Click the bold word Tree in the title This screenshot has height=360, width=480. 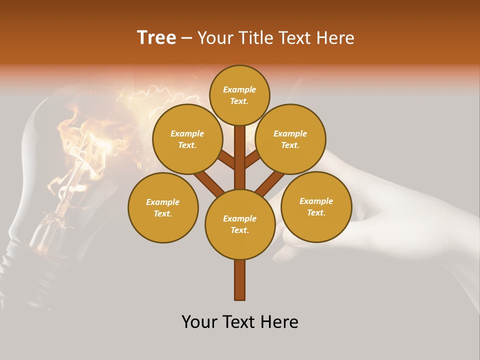point(156,38)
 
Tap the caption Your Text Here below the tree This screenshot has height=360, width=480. point(240,322)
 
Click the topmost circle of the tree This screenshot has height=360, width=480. point(239,95)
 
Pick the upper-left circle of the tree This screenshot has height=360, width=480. point(187,139)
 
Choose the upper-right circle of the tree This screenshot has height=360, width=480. point(290,139)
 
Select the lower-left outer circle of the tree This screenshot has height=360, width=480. point(163,207)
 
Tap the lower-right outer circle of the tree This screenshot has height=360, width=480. point(316,206)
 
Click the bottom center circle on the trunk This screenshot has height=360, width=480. point(240,224)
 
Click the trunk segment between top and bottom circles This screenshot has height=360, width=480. point(240,157)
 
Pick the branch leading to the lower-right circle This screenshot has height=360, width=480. point(270,182)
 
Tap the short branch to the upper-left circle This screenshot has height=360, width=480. point(226,160)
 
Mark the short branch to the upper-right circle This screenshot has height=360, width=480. point(252,159)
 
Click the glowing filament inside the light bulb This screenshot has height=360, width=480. point(75,165)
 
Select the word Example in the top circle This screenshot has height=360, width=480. point(239,90)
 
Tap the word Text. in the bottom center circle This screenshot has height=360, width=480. point(239,230)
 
